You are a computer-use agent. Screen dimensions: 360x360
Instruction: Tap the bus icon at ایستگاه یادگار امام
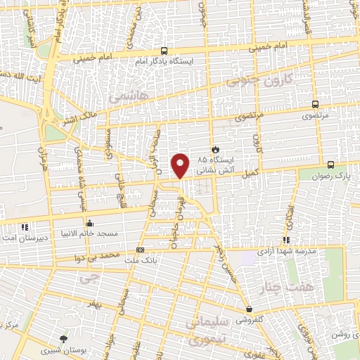[x=164, y=51]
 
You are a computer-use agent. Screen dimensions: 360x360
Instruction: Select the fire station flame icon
[x=216, y=149]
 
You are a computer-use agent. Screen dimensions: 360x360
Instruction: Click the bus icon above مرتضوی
[x=314, y=104]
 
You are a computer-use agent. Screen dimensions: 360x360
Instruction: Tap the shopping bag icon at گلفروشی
[x=249, y=309]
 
